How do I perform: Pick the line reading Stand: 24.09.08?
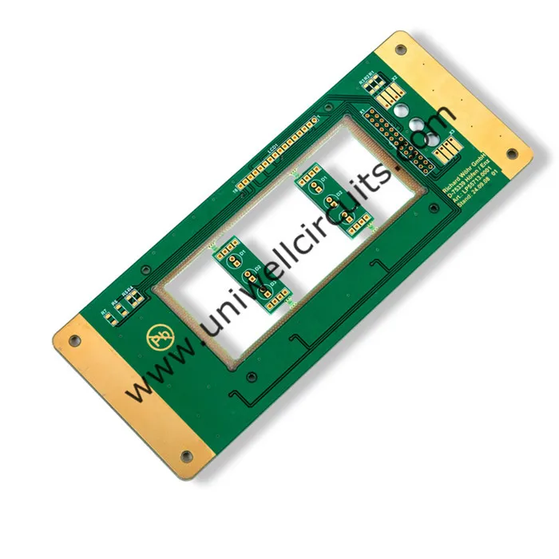(x=476, y=192)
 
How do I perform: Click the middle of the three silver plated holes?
(x=417, y=124)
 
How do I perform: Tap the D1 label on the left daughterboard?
(x=240, y=253)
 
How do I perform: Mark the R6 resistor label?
(x=115, y=303)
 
